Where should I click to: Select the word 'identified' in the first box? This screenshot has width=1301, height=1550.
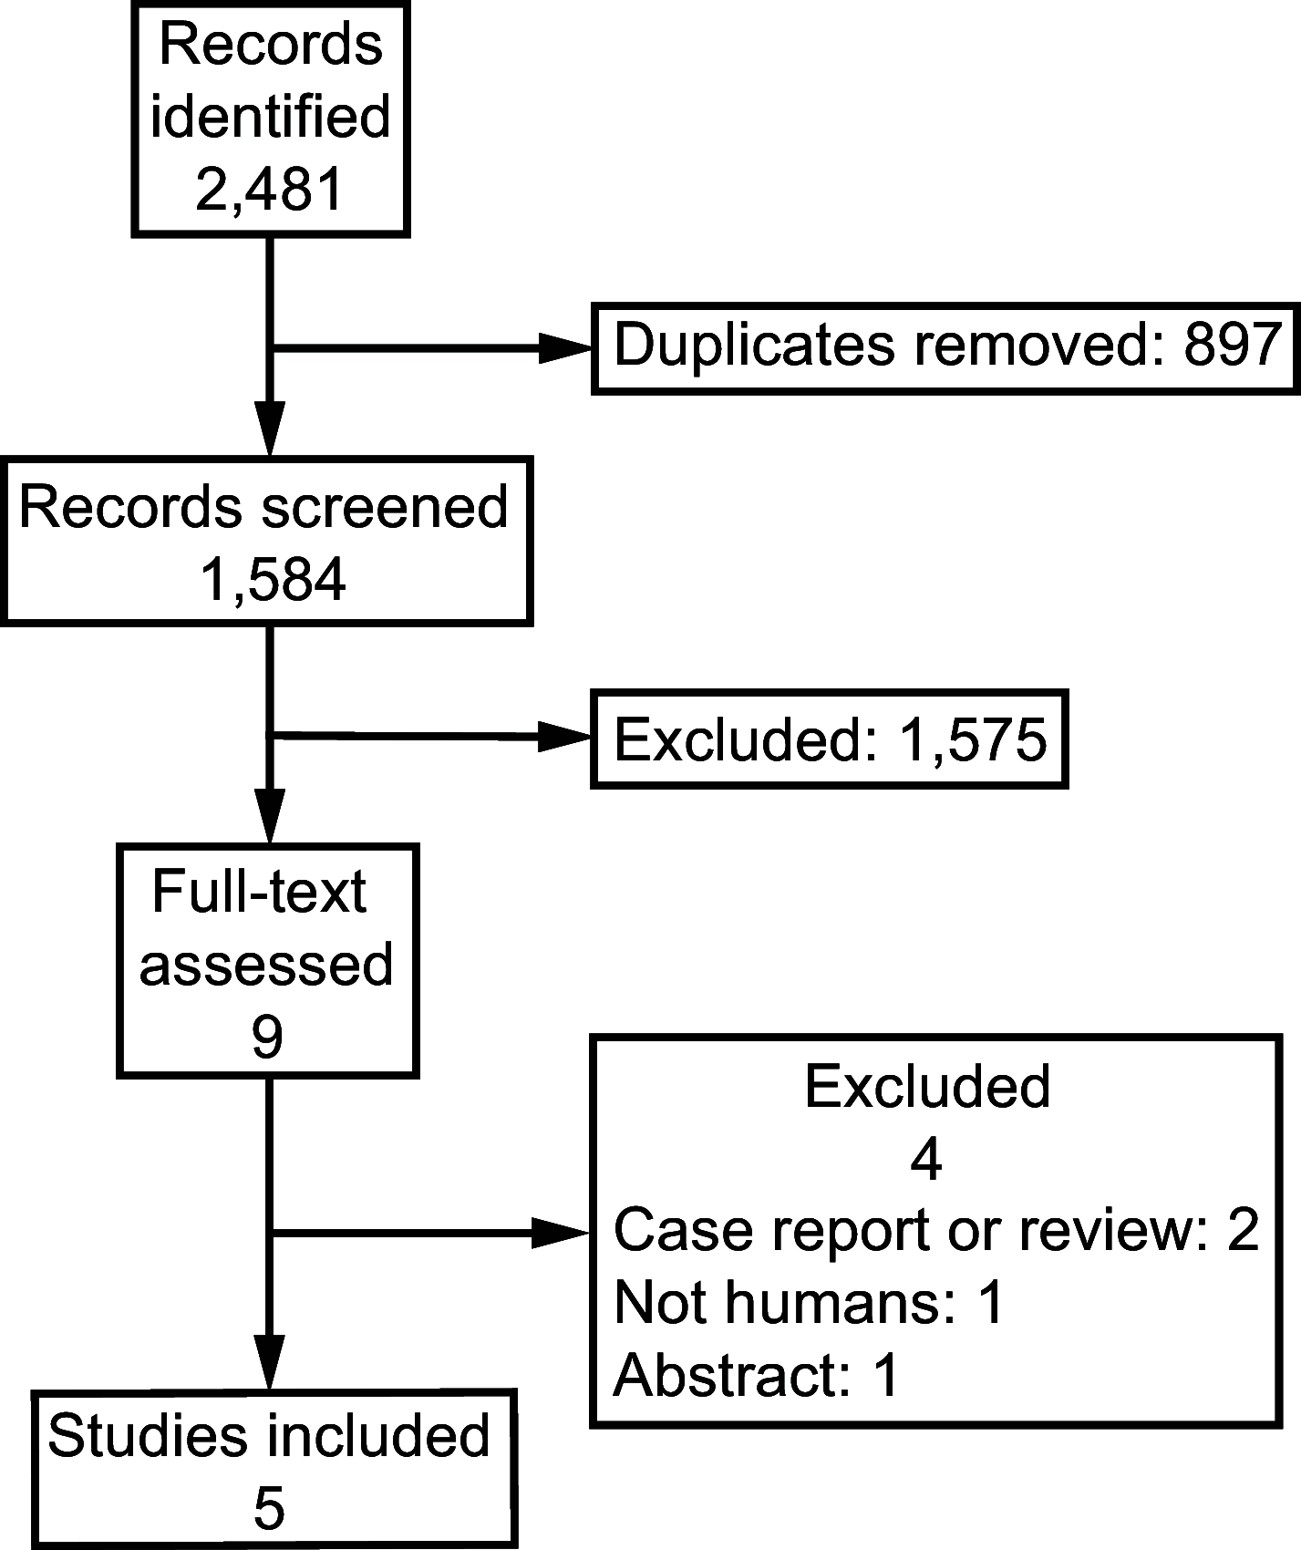click(270, 118)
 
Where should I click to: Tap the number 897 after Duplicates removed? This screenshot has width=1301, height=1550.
click(1234, 346)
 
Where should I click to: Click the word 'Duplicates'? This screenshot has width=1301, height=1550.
click(754, 346)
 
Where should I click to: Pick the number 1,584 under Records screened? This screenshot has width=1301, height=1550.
click(273, 580)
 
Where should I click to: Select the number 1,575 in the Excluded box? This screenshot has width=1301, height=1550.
click(972, 739)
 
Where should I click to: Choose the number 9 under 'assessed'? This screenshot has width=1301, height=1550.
click(266, 1037)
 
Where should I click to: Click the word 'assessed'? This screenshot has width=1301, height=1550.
click(266, 965)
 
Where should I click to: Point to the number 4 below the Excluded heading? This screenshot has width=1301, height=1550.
click(926, 1160)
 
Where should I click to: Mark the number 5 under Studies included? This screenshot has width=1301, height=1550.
click(269, 1509)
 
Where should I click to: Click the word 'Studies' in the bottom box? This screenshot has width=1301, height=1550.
click(146, 1436)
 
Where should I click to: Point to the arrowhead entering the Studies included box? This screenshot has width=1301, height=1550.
click(270, 1363)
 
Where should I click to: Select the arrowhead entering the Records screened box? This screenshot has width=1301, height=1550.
click(270, 429)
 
